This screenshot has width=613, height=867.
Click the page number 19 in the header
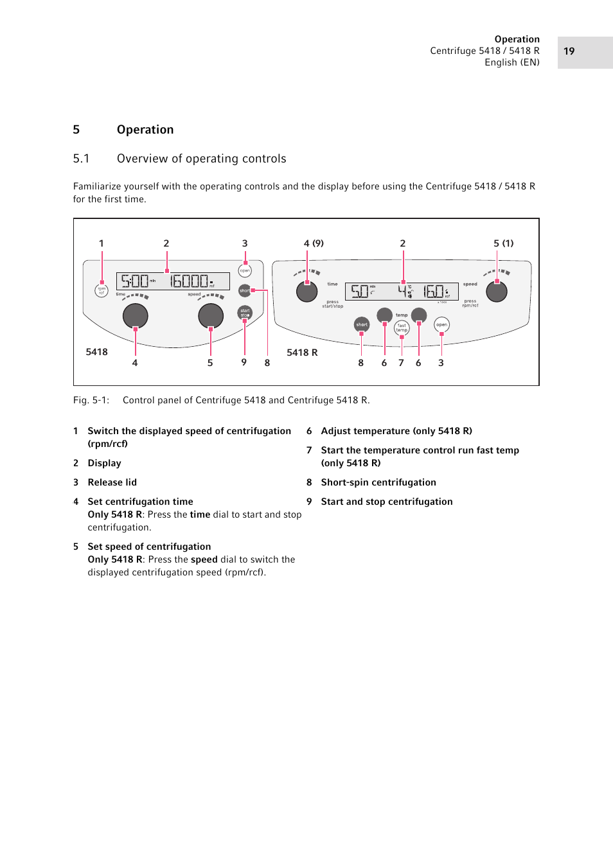[x=569, y=51]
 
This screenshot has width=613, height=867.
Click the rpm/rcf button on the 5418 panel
[x=102, y=291]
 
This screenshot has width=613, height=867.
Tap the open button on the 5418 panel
[x=245, y=271]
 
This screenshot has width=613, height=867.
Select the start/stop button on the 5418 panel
[x=245, y=313]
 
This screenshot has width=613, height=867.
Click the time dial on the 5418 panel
[x=136, y=315]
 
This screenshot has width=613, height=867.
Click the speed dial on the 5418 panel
[x=211, y=315]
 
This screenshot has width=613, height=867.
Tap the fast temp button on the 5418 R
[x=402, y=328]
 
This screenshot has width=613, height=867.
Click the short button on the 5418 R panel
[x=362, y=324]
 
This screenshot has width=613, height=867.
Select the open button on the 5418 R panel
[x=441, y=324]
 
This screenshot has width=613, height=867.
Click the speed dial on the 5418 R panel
[x=497, y=292]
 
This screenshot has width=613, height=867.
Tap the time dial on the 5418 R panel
[x=307, y=292]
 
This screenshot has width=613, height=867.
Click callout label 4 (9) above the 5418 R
[x=314, y=243]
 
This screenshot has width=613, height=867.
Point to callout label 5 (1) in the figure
[x=503, y=243]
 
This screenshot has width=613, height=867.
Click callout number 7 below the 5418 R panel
[x=401, y=363]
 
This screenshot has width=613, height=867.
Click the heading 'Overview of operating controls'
[x=201, y=159]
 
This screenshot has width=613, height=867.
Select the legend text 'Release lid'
[x=112, y=482]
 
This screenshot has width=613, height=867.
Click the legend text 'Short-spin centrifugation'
[x=378, y=482]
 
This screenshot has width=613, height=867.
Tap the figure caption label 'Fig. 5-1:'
[x=91, y=400]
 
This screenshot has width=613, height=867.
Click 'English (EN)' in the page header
[x=512, y=62]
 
